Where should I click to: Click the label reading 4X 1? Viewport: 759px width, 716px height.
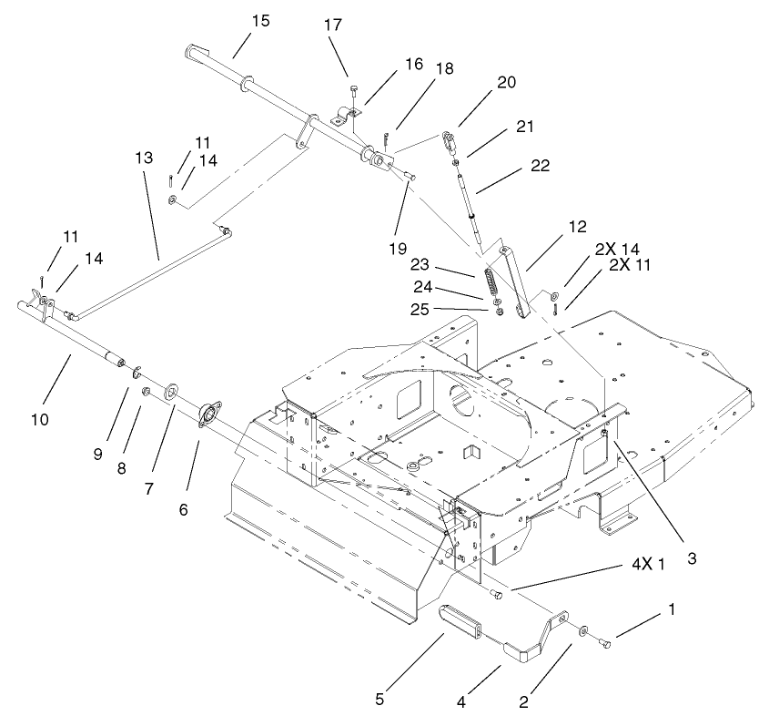650,565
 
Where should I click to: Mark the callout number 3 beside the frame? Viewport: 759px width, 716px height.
692,559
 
